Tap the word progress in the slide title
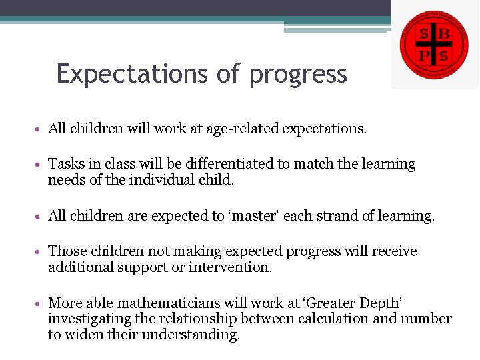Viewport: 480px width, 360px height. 298,75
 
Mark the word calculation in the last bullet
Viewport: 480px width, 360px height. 333,319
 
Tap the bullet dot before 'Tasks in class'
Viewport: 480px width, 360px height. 41,165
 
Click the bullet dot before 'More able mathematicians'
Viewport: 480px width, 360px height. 41,303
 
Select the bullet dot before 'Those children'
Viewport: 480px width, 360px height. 41,252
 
